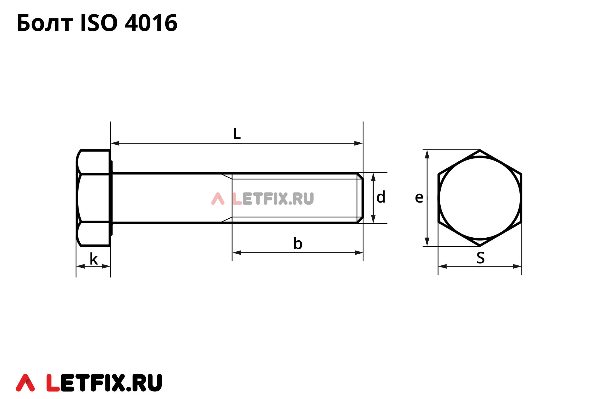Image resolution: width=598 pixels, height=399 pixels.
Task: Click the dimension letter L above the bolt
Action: coord(237,134)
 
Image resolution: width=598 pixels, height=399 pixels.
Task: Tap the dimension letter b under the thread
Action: coord(298,243)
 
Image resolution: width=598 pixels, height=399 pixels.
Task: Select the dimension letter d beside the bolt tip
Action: coord(381,197)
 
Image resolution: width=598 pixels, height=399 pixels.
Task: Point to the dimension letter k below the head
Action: coord(93,259)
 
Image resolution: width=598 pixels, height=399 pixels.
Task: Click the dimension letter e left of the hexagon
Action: coord(419,198)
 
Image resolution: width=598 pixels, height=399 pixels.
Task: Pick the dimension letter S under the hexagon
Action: coord(480,258)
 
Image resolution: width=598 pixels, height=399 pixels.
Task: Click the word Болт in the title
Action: coord(45,23)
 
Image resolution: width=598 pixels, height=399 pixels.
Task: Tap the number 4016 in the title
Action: coord(151,23)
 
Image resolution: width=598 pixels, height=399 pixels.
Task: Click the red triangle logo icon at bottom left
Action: coord(25,383)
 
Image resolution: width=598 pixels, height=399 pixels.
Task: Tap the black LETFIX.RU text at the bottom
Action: coord(104,383)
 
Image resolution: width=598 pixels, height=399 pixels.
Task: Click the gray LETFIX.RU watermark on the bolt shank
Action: coord(273,199)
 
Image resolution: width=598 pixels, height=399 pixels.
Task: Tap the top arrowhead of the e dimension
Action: coord(427,154)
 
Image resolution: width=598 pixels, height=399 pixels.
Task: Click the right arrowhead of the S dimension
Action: coord(517,266)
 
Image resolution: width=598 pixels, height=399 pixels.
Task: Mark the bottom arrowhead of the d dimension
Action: coord(373,219)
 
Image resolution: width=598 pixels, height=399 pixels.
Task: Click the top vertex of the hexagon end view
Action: coord(480,150)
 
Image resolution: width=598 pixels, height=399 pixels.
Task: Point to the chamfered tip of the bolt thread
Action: coord(361,198)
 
